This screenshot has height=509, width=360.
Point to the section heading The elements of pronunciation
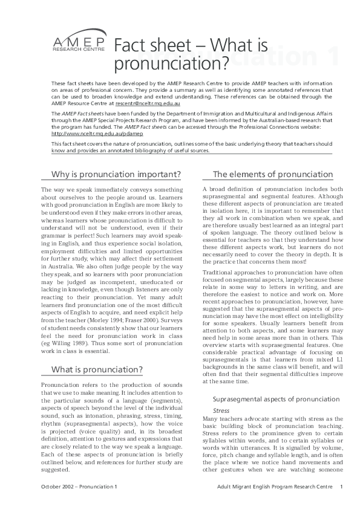[x=272, y=175]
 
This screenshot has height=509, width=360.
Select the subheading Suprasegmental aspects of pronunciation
[x=275, y=400]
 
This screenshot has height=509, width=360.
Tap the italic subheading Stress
[x=212, y=410]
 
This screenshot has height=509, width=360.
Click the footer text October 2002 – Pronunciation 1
[x=79, y=487]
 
